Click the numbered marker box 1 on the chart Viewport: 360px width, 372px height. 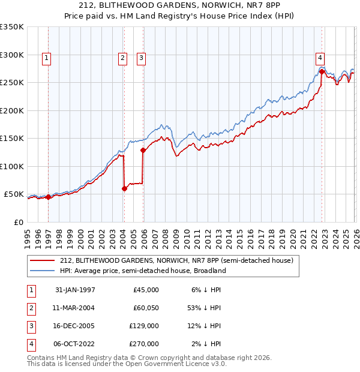coord(47,58)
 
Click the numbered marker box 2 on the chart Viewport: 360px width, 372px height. coord(122,58)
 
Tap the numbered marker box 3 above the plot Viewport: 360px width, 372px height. coord(141,58)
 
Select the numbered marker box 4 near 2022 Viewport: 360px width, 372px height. coord(320,58)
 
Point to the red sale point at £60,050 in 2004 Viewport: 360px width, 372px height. coord(124,188)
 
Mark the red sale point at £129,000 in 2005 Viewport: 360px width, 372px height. coord(143,151)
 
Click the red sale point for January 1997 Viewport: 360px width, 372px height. coord(49,197)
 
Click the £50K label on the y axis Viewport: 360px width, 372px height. coord(14,194)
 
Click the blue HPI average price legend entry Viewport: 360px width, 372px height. coord(143,271)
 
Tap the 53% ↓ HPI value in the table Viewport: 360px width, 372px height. coord(203,308)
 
